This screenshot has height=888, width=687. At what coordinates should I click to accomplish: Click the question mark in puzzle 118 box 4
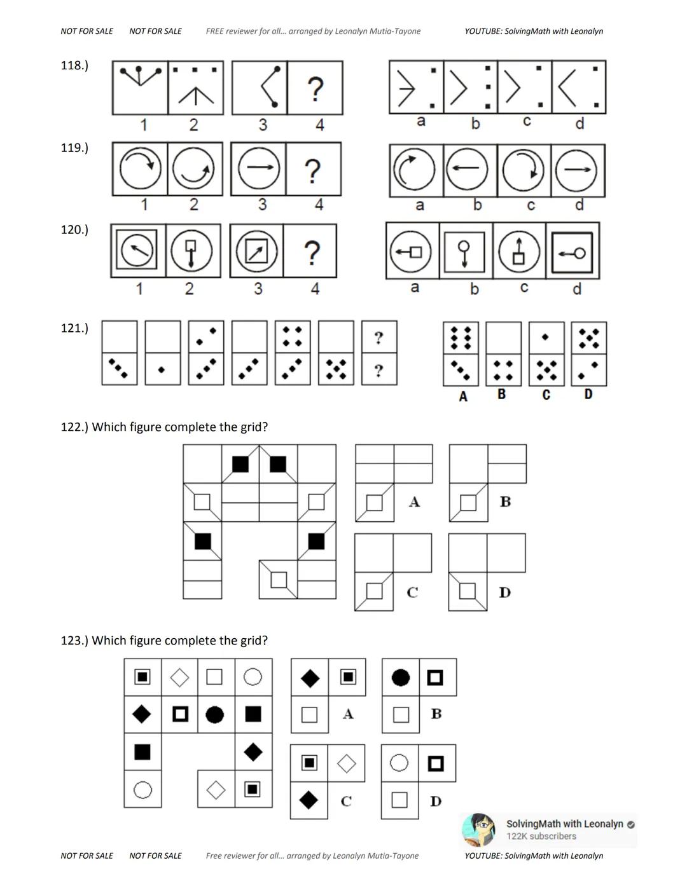click(x=315, y=88)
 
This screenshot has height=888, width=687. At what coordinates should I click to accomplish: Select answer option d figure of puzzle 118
click(x=579, y=87)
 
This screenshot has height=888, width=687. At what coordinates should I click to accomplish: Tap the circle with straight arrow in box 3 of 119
click(x=258, y=168)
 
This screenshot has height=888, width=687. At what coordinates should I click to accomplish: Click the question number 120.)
click(x=74, y=229)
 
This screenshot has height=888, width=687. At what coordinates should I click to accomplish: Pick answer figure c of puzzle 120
click(x=519, y=250)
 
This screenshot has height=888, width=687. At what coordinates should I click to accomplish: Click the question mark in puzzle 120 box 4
click(x=312, y=252)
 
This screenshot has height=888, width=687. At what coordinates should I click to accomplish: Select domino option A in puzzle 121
click(x=461, y=354)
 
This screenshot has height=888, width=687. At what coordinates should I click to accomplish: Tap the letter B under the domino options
click(x=501, y=395)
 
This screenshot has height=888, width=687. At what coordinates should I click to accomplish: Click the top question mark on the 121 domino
click(x=379, y=338)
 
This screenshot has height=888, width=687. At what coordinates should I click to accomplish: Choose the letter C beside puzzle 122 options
click(x=412, y=592)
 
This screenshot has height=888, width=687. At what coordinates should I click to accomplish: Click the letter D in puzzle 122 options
click(x=505, y=592)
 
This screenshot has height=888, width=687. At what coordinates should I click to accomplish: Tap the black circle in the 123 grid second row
click(x=215, y=714)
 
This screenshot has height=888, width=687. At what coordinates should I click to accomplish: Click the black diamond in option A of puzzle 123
click(x=310, y=678)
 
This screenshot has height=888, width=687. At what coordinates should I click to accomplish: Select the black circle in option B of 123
click(x=401, y=678)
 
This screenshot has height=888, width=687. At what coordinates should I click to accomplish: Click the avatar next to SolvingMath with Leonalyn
click(x=478, y=830)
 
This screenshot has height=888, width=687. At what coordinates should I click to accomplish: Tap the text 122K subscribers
click(x=541, y=837)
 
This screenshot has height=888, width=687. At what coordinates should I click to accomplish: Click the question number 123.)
click(x=74, y=641)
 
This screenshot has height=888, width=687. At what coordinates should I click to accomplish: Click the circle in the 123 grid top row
click(x=253, y=676)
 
